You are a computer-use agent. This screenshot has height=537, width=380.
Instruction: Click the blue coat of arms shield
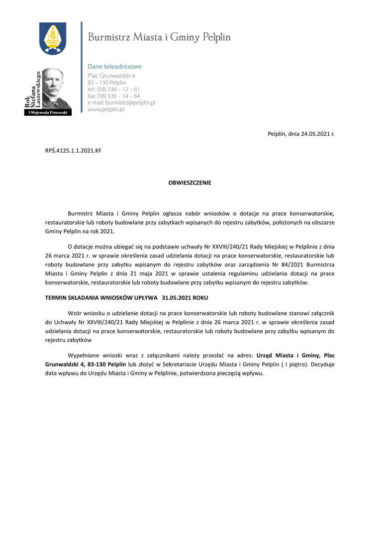pos(52,38)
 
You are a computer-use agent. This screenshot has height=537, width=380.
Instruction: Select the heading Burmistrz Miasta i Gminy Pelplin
pos(159,37)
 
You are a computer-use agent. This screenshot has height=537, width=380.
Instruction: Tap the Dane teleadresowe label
pos(114,66)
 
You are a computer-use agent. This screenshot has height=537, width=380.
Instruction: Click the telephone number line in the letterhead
pos(113,89)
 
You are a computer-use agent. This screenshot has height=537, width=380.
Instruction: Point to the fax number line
pos(113,96)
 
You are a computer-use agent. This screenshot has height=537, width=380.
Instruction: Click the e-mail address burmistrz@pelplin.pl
pos(121,102)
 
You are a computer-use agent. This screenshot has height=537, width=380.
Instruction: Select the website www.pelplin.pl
pos(105,109)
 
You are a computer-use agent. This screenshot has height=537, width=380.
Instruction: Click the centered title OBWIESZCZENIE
pos(190,183)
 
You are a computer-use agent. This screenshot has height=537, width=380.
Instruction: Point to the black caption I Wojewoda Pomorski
pos(48,113)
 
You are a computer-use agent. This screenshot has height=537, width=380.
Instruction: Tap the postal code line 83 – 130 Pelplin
pos(106,83)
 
